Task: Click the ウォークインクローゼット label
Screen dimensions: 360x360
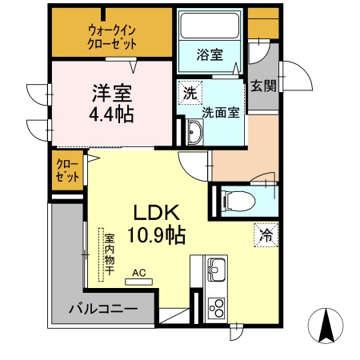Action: [112, 36]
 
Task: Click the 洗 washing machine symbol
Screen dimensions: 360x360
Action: [189, 91]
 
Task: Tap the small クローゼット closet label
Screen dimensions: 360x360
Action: [66, 170]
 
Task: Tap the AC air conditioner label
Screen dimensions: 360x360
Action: [139, 274]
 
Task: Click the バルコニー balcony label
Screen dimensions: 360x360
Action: [102, 308]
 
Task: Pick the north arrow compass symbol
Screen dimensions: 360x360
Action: [326, 326]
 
